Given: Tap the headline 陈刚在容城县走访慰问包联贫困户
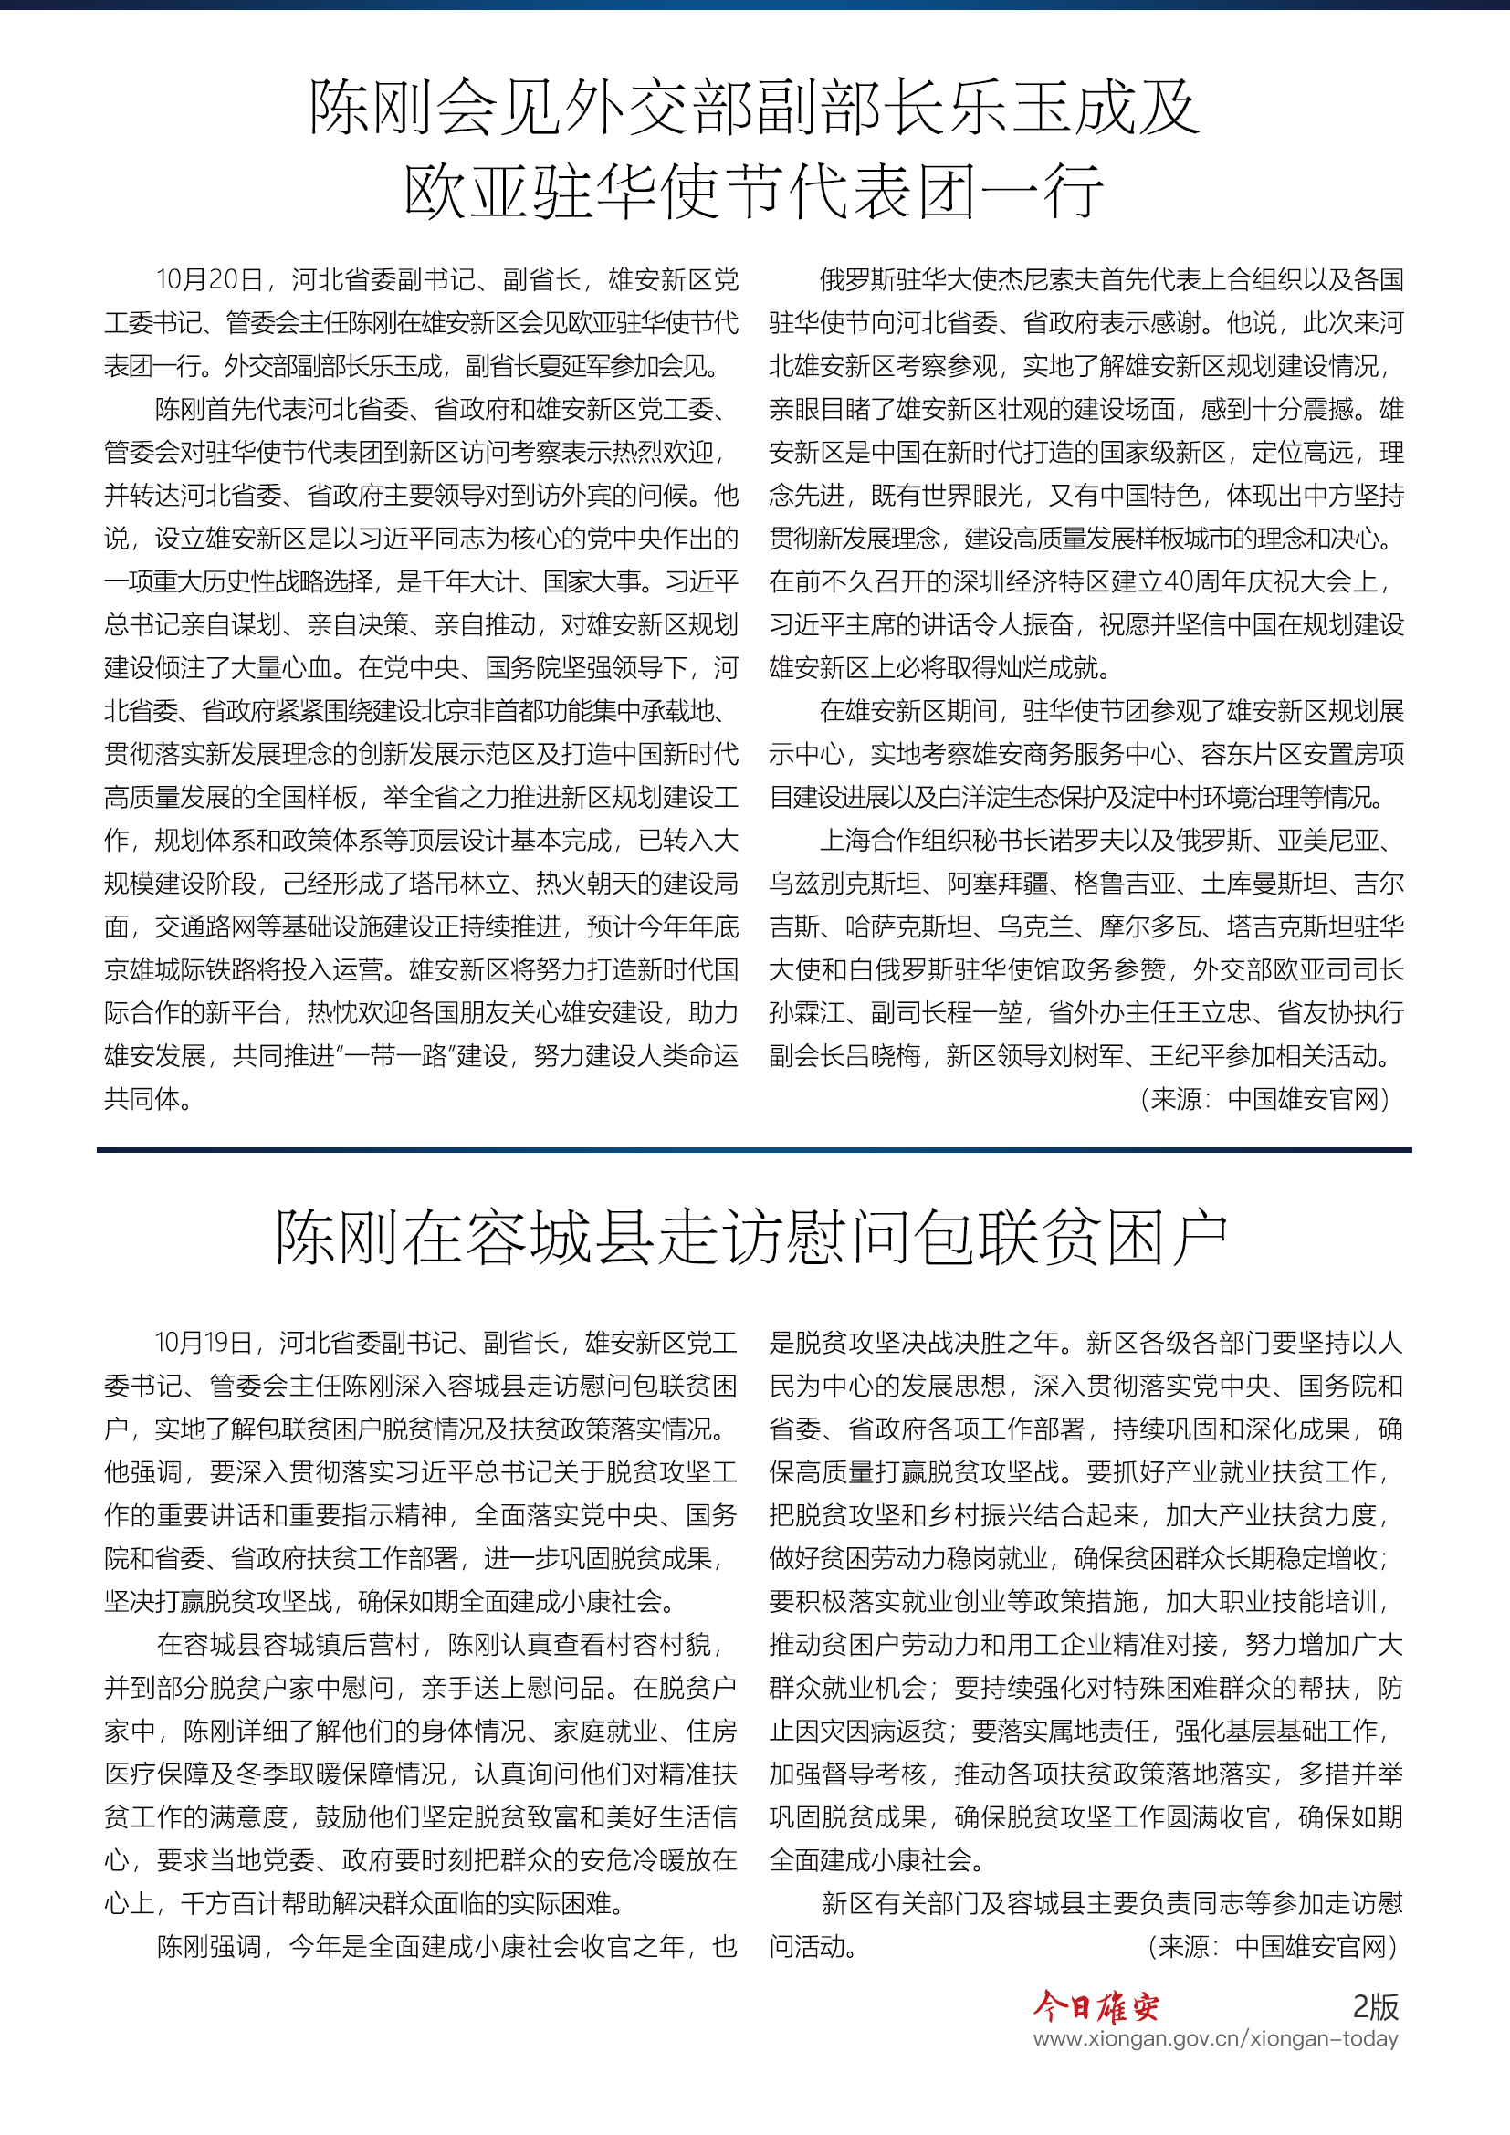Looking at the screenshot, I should (x=752, y=1238).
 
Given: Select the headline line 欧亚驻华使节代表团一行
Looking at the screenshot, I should (x=754, y=192).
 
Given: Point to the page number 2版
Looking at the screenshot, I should (x=1375, y=2006).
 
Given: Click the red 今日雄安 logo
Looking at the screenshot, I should (x=1096, y=2006).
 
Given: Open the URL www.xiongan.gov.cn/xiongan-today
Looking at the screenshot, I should (x=1215, y=2039).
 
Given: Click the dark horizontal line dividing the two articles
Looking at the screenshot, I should (x=754, y=1150).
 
